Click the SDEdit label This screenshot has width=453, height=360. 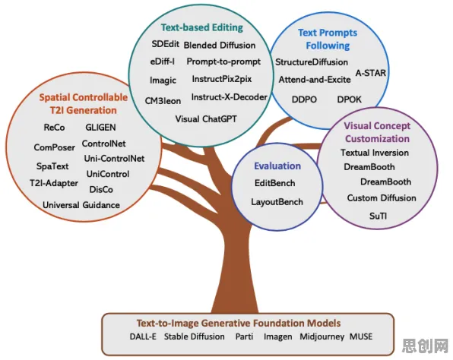[165, 44]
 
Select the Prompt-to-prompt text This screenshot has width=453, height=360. [223, 62]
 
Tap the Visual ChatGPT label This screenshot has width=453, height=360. [206, 119]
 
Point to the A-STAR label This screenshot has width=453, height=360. [371, 73]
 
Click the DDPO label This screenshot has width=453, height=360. [304, 99]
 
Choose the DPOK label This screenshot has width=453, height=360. [350, 99]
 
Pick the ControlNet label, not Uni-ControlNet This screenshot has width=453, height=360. [103, 144]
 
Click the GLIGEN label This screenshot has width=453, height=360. [100, 128]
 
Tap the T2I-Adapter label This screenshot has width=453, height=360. [54, 183]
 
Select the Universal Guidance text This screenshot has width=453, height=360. [81, 205]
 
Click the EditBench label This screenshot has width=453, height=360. [274, 183]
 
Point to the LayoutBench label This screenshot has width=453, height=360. [277, 202]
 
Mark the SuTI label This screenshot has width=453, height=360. [379, 216]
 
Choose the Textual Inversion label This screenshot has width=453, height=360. [375, 153]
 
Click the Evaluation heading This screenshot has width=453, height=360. [277, 166]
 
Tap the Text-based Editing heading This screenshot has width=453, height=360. [202, 27]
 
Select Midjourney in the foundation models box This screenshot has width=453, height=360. [322, 336]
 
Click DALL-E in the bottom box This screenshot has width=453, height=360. [143, 336]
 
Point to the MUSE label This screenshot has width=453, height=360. [361, 336]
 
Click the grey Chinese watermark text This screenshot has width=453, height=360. [426, 346]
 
